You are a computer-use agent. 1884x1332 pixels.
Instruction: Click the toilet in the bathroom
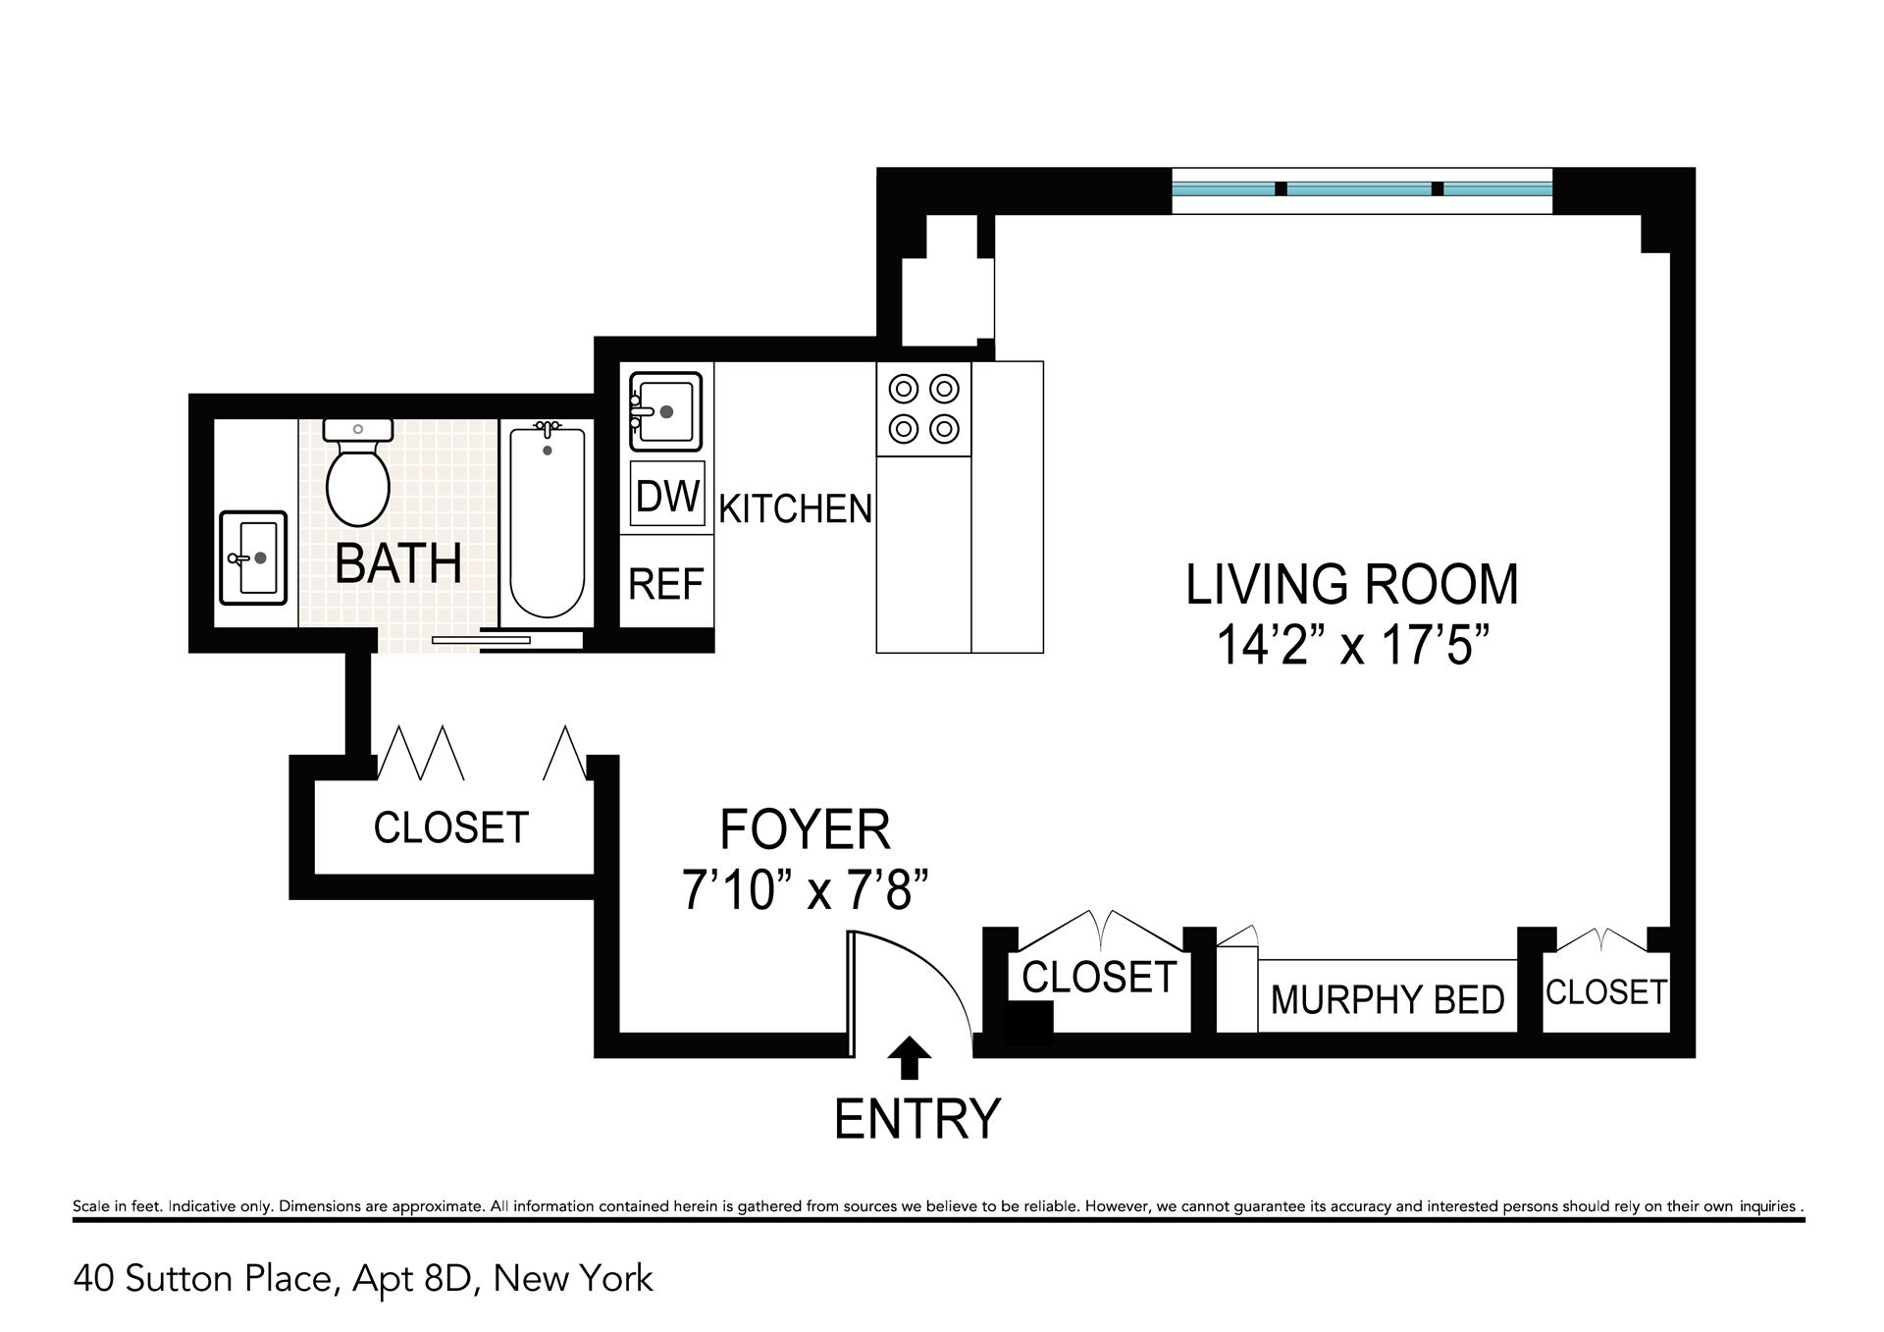[x=358, y=472]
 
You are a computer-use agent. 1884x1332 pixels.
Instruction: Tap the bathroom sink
[x=253, y=558]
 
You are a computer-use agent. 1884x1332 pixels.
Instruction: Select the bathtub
[x=548, y=521]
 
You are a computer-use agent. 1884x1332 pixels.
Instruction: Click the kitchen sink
[x=665, y=411]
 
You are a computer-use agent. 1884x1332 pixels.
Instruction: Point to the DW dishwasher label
[x=668, y=497]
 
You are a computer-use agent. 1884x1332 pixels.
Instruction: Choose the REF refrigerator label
[x=666, y=585]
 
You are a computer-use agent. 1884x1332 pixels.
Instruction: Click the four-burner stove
[x=923, y=408]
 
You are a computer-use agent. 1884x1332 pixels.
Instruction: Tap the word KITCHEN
[x=796, y=508]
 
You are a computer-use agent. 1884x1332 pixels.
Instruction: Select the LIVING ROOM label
[x=1352, y=584]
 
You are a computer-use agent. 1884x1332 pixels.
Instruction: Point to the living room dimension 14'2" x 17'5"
[x=1352, y=646]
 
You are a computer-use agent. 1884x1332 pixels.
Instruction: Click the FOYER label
[x=805, y=829]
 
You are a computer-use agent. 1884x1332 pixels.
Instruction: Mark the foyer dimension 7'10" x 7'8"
[x=805, y=891]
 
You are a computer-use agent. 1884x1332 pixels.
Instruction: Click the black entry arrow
[x=910, y=1058]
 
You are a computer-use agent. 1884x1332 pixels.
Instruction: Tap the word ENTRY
[x=917, y=1118]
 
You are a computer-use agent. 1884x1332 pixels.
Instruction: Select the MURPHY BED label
[x=1387, y=1000]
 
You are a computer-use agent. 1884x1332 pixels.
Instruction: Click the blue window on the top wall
[x=1362, y=188]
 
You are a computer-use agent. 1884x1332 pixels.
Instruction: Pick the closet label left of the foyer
[x=451, y=827]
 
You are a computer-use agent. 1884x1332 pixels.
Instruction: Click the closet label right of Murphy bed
[x=1606, y=991]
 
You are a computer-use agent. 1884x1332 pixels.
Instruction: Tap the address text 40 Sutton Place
[x=207, y=1279]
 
